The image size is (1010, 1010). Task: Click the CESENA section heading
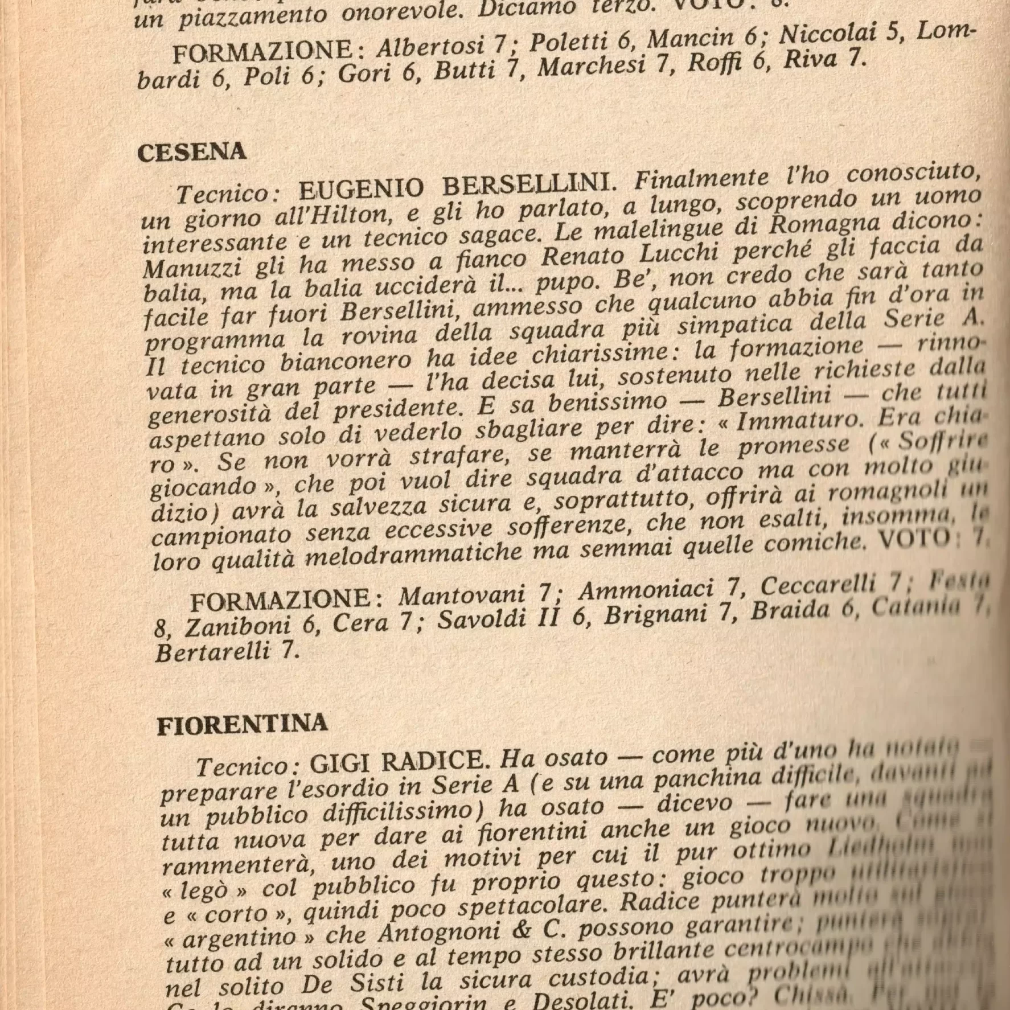point(192,152)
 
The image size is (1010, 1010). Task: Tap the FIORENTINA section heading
point(242,725)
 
